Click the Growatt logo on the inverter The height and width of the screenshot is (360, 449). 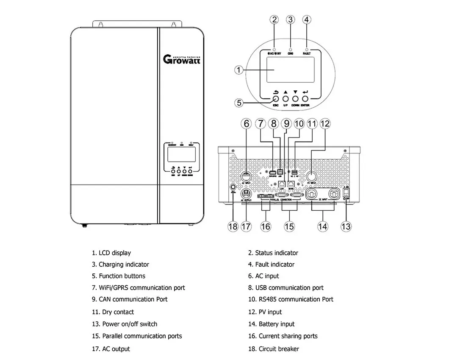pyautogui.click(x=182, y=59)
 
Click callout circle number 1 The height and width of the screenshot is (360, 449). pyautogui.click(x=239, y=70)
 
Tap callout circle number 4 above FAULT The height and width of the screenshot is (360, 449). pyautogui.click(x=307, y=20)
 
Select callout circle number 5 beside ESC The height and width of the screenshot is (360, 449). pyautogui.click(x=239, y=103)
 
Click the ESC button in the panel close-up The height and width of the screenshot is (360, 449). pyautogui.click(x=275, y=99)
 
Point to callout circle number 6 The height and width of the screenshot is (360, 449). pyautogui.click(x=246, y=124)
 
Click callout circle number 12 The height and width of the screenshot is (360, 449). pyautogui.click(x=325, y=124)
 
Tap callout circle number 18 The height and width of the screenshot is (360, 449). pyautogui.click(x=233, y=226)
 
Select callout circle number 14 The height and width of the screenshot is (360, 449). pyautogui.click(x=323, y=226)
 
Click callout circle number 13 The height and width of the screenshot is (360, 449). pyautogui.click(x=346, y=226)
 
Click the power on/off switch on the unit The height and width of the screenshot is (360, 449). pyautogui.click(x=346, y=192)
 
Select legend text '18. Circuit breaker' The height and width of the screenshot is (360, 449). pyautogui.click(x=273, y=349)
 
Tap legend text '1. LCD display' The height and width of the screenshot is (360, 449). pyautogui.click(x=111, y=253)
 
